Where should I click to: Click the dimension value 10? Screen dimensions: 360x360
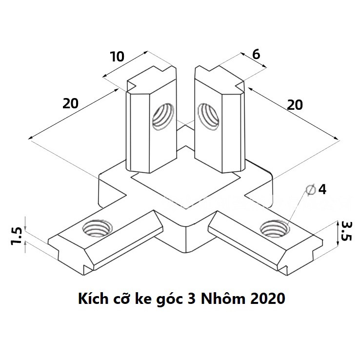point(118,57)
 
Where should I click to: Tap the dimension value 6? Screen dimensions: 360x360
point(255,54)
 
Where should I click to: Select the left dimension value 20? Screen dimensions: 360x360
point(71,103)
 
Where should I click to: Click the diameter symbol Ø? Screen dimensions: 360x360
point(309,190)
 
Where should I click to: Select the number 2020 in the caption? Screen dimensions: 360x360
point(266,299)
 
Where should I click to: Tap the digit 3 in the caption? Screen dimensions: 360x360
point(190,299)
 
